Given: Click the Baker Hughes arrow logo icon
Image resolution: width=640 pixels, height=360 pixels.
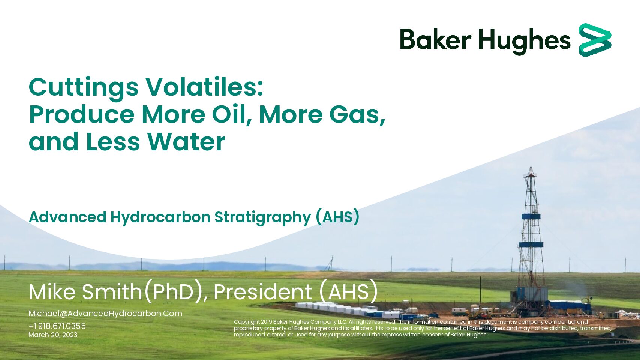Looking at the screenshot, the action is point(595,40).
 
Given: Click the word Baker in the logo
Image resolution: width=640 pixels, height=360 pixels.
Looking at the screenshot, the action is point(435,39).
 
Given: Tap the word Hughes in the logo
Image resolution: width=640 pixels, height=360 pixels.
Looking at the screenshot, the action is point(525,41).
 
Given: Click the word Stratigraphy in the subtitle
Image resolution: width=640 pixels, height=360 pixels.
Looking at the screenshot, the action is point(263,218).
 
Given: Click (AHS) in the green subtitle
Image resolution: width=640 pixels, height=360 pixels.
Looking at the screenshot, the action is point(337,217).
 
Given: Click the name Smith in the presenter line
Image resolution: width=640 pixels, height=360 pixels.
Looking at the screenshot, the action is point(112,292).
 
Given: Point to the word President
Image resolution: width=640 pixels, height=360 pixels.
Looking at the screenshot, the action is point(262,292).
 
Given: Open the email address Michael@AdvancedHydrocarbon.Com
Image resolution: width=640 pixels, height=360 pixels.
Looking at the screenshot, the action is point(105,313).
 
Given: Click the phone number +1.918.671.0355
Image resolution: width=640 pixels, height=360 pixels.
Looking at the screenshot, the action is point(57,326).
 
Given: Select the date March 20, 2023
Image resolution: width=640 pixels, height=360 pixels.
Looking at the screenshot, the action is point(53,335).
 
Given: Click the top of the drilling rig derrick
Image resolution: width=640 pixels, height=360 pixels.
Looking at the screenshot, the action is point(531,168).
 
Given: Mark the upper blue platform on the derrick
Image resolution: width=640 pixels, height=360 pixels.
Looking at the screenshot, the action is point(531,217).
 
